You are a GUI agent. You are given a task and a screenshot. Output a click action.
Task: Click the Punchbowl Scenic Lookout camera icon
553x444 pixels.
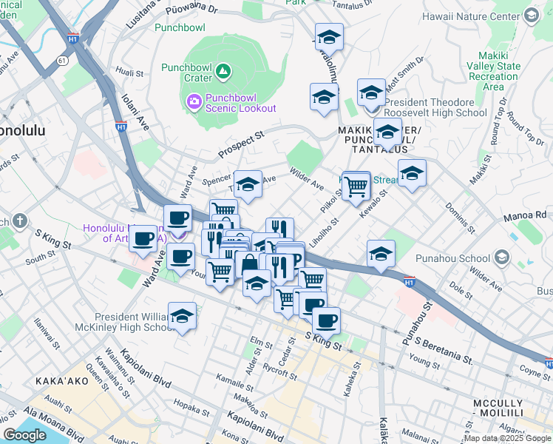coord(194,100)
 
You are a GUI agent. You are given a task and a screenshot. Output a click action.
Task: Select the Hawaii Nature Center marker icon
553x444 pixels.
coord(531,15)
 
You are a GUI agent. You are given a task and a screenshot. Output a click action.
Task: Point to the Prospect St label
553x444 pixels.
coord(241,147)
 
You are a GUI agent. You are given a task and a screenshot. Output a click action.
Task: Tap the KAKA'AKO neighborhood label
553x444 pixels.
coord(62,381)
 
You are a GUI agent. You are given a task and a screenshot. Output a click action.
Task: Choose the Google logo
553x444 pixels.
coord(24,435)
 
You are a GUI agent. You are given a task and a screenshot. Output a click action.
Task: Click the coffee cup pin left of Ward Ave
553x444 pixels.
coord(143,238)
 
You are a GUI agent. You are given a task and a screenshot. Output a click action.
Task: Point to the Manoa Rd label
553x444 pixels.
coord(532,215)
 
